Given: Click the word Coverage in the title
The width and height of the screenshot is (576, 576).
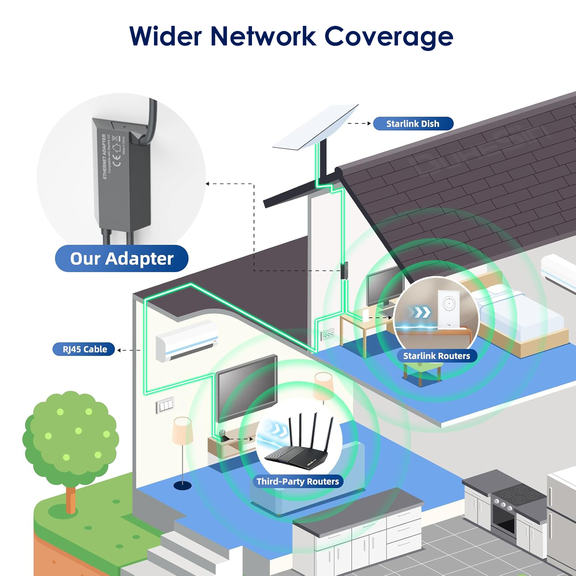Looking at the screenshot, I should [389, 37].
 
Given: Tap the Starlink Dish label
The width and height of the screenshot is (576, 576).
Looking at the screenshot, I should [413, 124].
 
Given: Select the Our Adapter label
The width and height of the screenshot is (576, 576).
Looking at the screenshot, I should [122, 258].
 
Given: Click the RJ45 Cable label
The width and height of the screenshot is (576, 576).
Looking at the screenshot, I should [85, 349].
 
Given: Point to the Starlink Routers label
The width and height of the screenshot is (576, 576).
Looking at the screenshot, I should [436, 356].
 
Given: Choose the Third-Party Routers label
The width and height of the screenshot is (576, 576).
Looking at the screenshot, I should [298, 481].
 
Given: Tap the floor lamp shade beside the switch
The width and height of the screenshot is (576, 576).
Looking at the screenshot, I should [182, 430].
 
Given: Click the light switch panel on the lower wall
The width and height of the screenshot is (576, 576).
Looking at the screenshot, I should [165, 406].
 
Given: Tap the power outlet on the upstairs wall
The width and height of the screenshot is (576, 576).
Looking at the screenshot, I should [327, 335].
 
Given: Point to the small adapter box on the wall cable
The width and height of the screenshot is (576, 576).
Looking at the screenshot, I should [344, 271].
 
